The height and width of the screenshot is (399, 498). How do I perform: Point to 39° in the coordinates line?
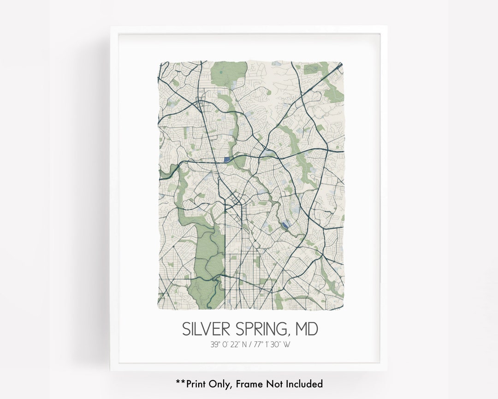coord(215,344)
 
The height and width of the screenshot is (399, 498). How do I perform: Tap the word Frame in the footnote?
coord(249,383)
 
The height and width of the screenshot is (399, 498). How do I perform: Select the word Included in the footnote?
coord(304,383)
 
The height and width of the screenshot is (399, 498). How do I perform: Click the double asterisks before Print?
coord(180,382)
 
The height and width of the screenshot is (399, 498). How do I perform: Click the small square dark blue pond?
coord(226,159)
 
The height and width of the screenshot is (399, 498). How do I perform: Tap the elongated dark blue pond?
coord(285,225)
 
